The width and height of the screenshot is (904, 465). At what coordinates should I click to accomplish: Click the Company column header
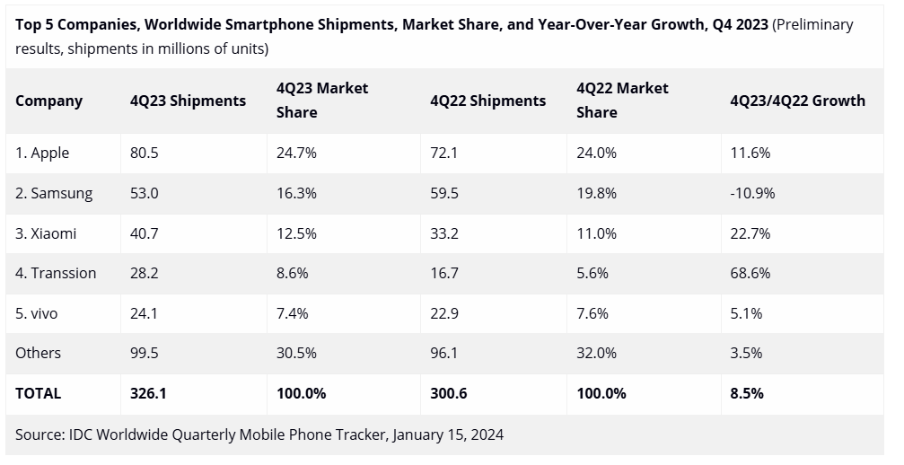coord(48,101)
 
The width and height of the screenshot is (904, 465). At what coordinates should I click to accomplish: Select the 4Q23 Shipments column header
coord(188,101)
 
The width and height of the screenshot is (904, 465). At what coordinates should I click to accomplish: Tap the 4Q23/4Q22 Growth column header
coord(797,101)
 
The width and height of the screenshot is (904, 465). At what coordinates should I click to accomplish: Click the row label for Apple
coord(42,154)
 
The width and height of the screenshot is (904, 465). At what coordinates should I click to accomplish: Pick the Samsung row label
coord(54,193)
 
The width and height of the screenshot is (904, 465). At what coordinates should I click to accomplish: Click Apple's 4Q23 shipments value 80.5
coord(144,154)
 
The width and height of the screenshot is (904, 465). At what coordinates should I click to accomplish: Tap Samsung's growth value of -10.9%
coord(752,193)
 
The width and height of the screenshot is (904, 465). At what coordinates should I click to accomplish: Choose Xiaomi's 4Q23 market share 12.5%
coord(296,233)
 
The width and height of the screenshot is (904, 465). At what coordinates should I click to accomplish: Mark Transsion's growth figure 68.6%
coord(750,273)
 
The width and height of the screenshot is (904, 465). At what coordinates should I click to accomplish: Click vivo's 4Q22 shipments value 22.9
coord(444,313)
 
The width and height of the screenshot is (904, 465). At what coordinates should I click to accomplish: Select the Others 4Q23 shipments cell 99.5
coord(144,353)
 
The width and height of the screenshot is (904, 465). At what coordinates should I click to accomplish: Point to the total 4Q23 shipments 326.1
coord(148,393)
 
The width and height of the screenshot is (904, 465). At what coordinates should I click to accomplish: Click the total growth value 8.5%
coord(747,393)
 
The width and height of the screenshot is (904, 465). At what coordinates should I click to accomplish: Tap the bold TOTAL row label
coord(39,393)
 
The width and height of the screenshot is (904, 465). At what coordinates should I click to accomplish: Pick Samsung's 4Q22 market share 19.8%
coord(596,193)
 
